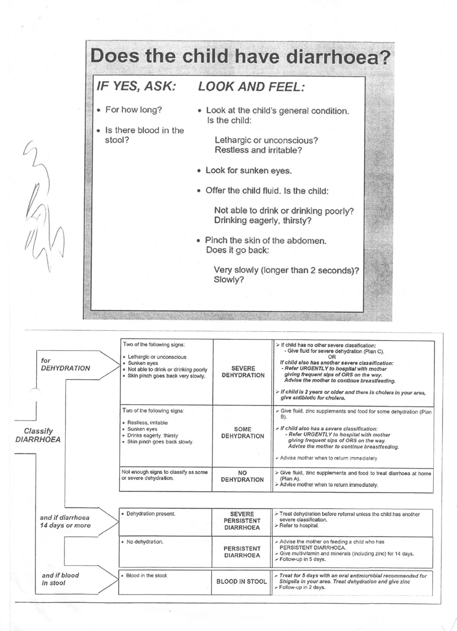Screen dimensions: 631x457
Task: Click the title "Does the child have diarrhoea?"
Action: (x=240, y=57)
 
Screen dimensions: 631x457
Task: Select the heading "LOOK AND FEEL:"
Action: (x=251, y=87)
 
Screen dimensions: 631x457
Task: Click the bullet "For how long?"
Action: (x=134, y=110)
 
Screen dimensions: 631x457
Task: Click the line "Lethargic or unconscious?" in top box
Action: (x=266, y=140)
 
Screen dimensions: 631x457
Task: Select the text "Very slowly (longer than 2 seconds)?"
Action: (x=287, y=270)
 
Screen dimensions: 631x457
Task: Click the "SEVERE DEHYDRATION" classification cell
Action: (x=242, y=371)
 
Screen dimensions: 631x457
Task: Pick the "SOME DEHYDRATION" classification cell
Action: (x=242, y=432)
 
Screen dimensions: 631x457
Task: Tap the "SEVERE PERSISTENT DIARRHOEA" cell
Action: (x=242, y=521)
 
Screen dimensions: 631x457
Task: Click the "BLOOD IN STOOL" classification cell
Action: (x=242, y=581)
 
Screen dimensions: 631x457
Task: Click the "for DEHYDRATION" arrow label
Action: (x=65, y=364)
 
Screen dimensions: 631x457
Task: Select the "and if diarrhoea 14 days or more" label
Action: (x=65, y=521)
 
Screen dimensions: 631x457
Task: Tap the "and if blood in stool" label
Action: (x=60, y=579)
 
